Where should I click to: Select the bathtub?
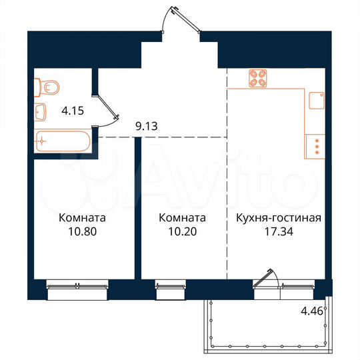click(61, 141)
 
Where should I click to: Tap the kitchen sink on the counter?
click(316, 101)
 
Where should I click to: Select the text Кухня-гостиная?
click(279, 218)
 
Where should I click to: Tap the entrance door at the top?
click(181, 19)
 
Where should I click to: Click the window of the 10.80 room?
click(77, 286)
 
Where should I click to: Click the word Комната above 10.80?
click(82, 218)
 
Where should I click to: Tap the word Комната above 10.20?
click(181, 218)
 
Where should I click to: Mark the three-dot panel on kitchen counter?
click(316, 146)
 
